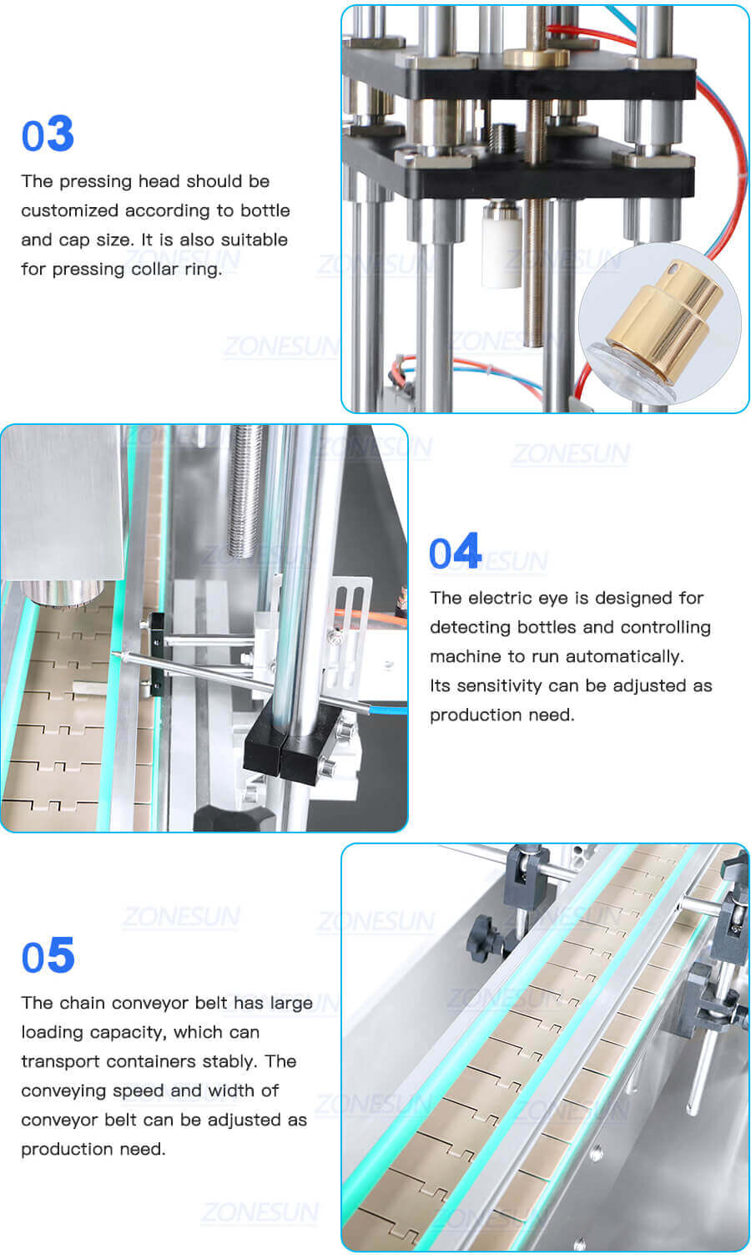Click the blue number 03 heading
point(48,134)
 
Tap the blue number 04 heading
point(455,552)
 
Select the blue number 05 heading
point(48,956)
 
